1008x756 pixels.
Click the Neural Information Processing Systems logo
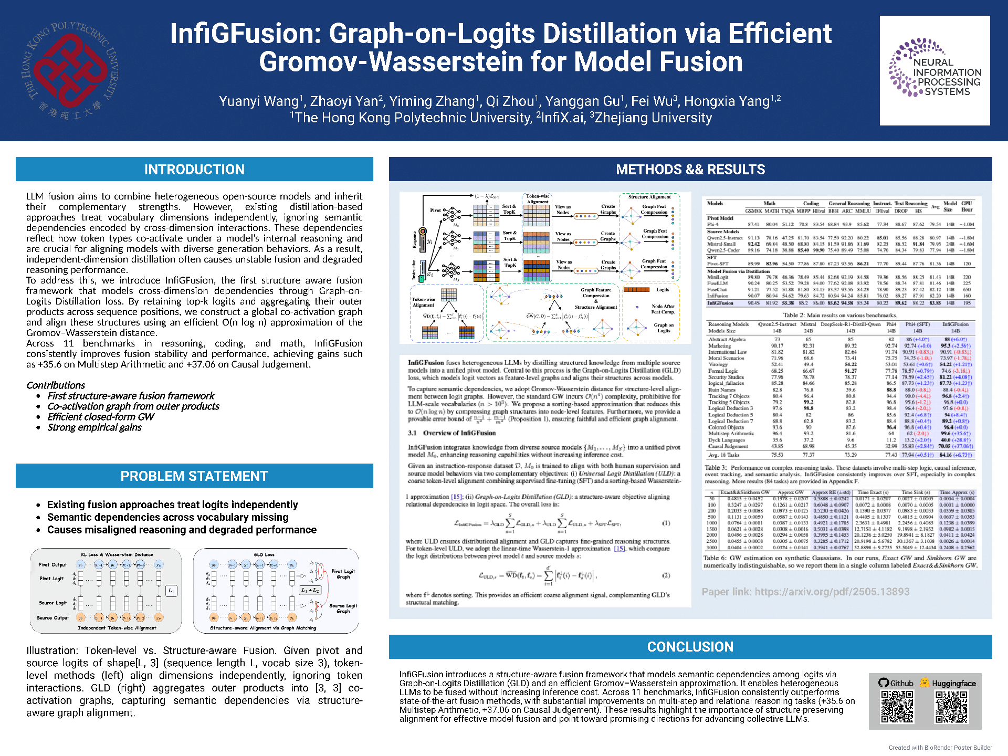935,70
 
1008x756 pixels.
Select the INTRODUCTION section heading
194,170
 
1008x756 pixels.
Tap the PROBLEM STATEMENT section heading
194,476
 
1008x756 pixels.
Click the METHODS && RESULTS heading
690,170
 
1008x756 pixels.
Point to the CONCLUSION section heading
690,647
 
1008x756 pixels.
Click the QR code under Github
897,707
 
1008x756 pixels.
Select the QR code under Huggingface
951,707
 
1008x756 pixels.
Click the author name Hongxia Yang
727,101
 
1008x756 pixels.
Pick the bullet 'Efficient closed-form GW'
101,417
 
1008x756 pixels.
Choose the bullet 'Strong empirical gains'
94,427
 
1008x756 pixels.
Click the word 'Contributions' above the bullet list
56,385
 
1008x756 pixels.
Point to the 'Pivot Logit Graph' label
343,574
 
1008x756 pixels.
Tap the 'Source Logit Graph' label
343,608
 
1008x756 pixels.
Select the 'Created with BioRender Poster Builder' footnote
940,748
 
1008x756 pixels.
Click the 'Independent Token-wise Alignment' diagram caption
117,628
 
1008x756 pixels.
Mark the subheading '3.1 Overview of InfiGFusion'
451,433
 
